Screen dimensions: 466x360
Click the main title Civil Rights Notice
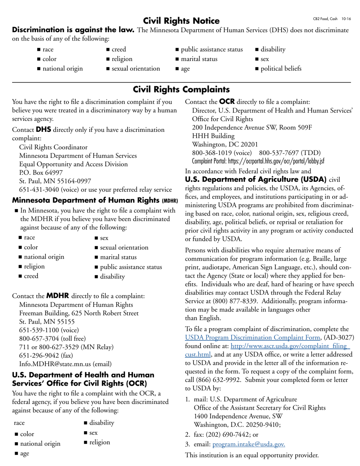click(x=181, y=20)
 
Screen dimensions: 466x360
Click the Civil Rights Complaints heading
click(x=181, y=89)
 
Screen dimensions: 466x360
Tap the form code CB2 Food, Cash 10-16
click(x=332, y=19)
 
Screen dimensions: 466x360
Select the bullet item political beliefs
click(x=281, y=69)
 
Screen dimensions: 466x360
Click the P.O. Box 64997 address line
click(x=41, y=173)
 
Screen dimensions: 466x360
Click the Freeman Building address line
click(x=79, y=313)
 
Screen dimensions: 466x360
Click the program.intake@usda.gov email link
click(x=249, y=444)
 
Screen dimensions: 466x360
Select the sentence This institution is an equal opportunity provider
click(x=252, y=455)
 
